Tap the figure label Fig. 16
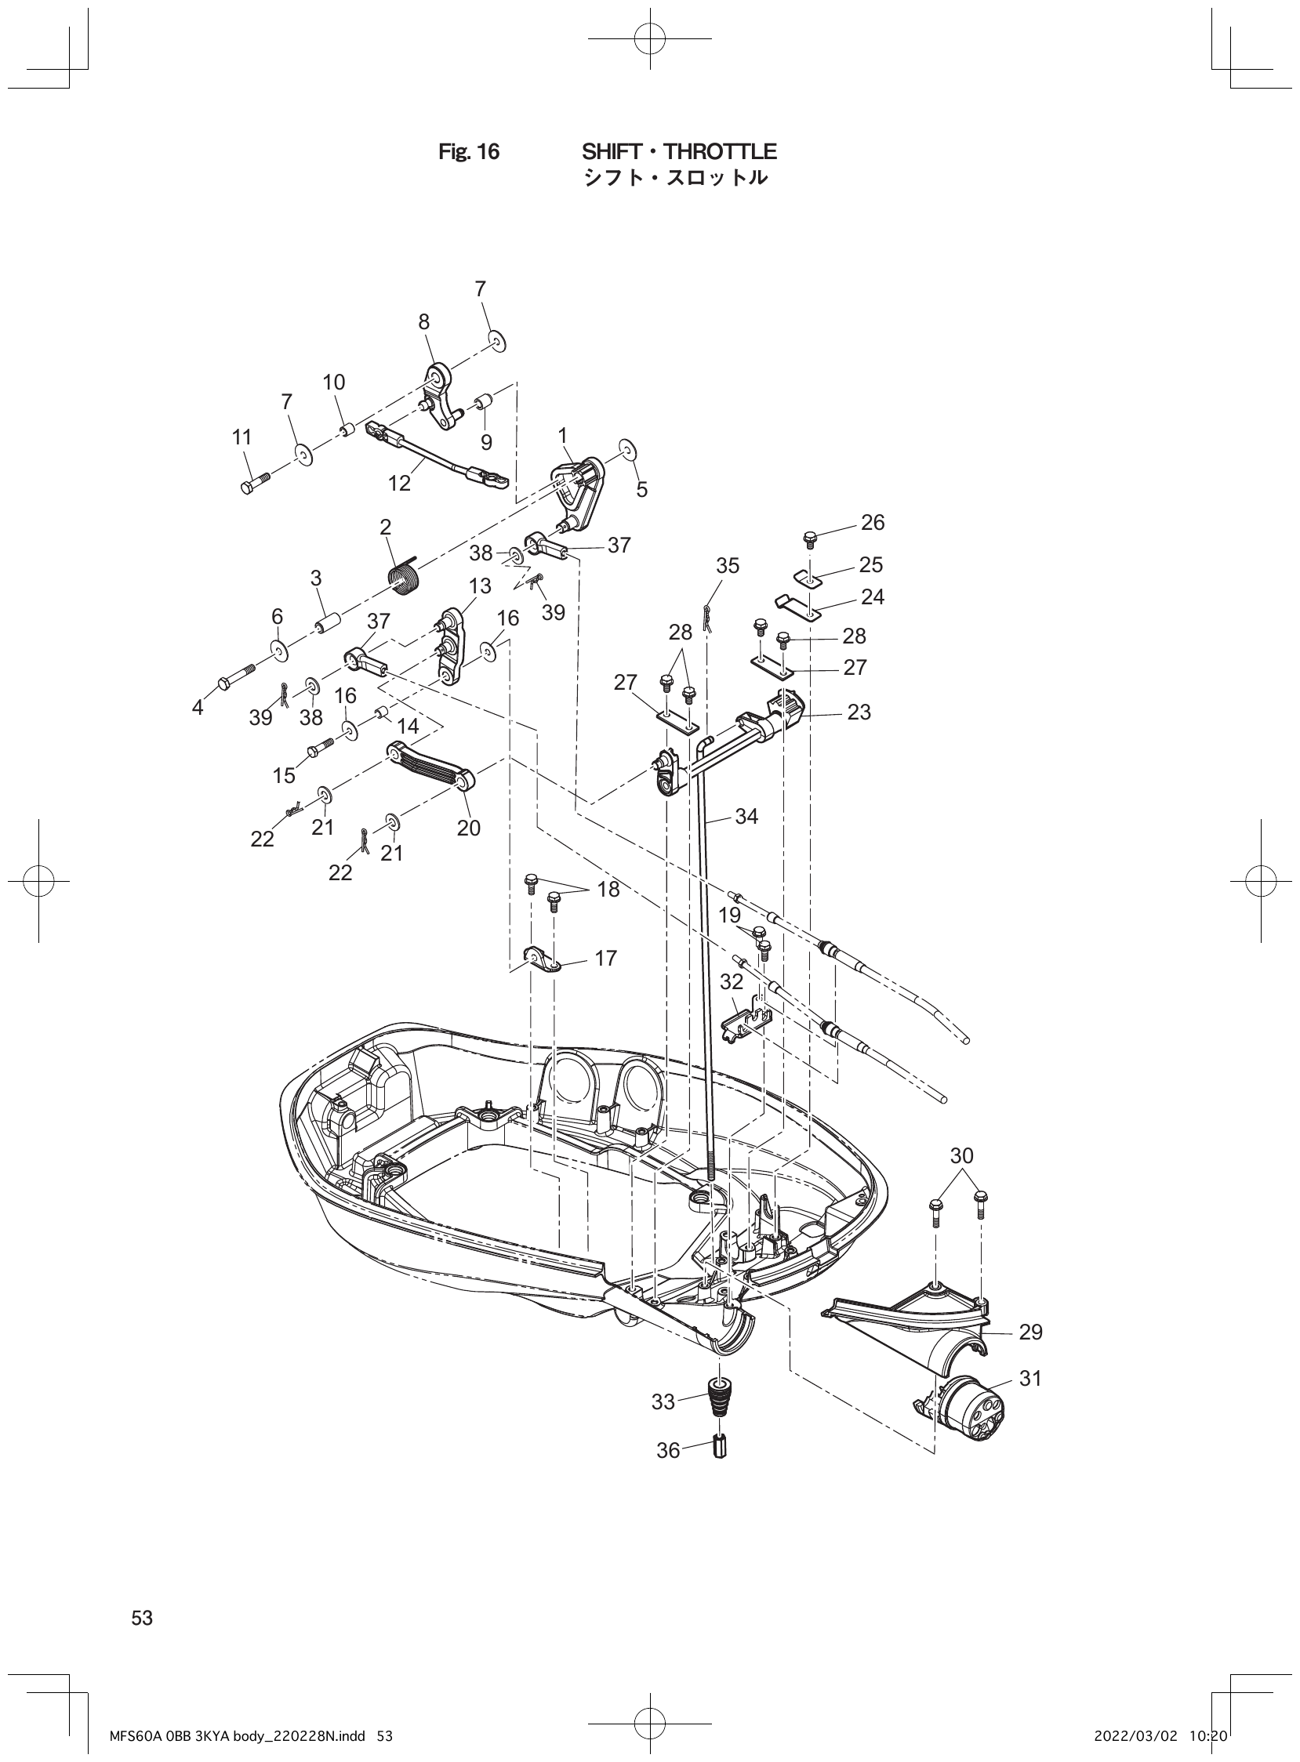coord(468,152)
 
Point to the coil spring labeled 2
coord(406,582)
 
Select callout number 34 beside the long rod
coord(746,817)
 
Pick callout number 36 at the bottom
coord(668,1450)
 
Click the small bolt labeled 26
coord(808,538)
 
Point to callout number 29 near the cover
coord(1030,1332)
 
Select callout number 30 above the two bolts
coord(961,1155)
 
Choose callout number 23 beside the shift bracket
coord(859,712)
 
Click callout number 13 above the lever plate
coord(480,586)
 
